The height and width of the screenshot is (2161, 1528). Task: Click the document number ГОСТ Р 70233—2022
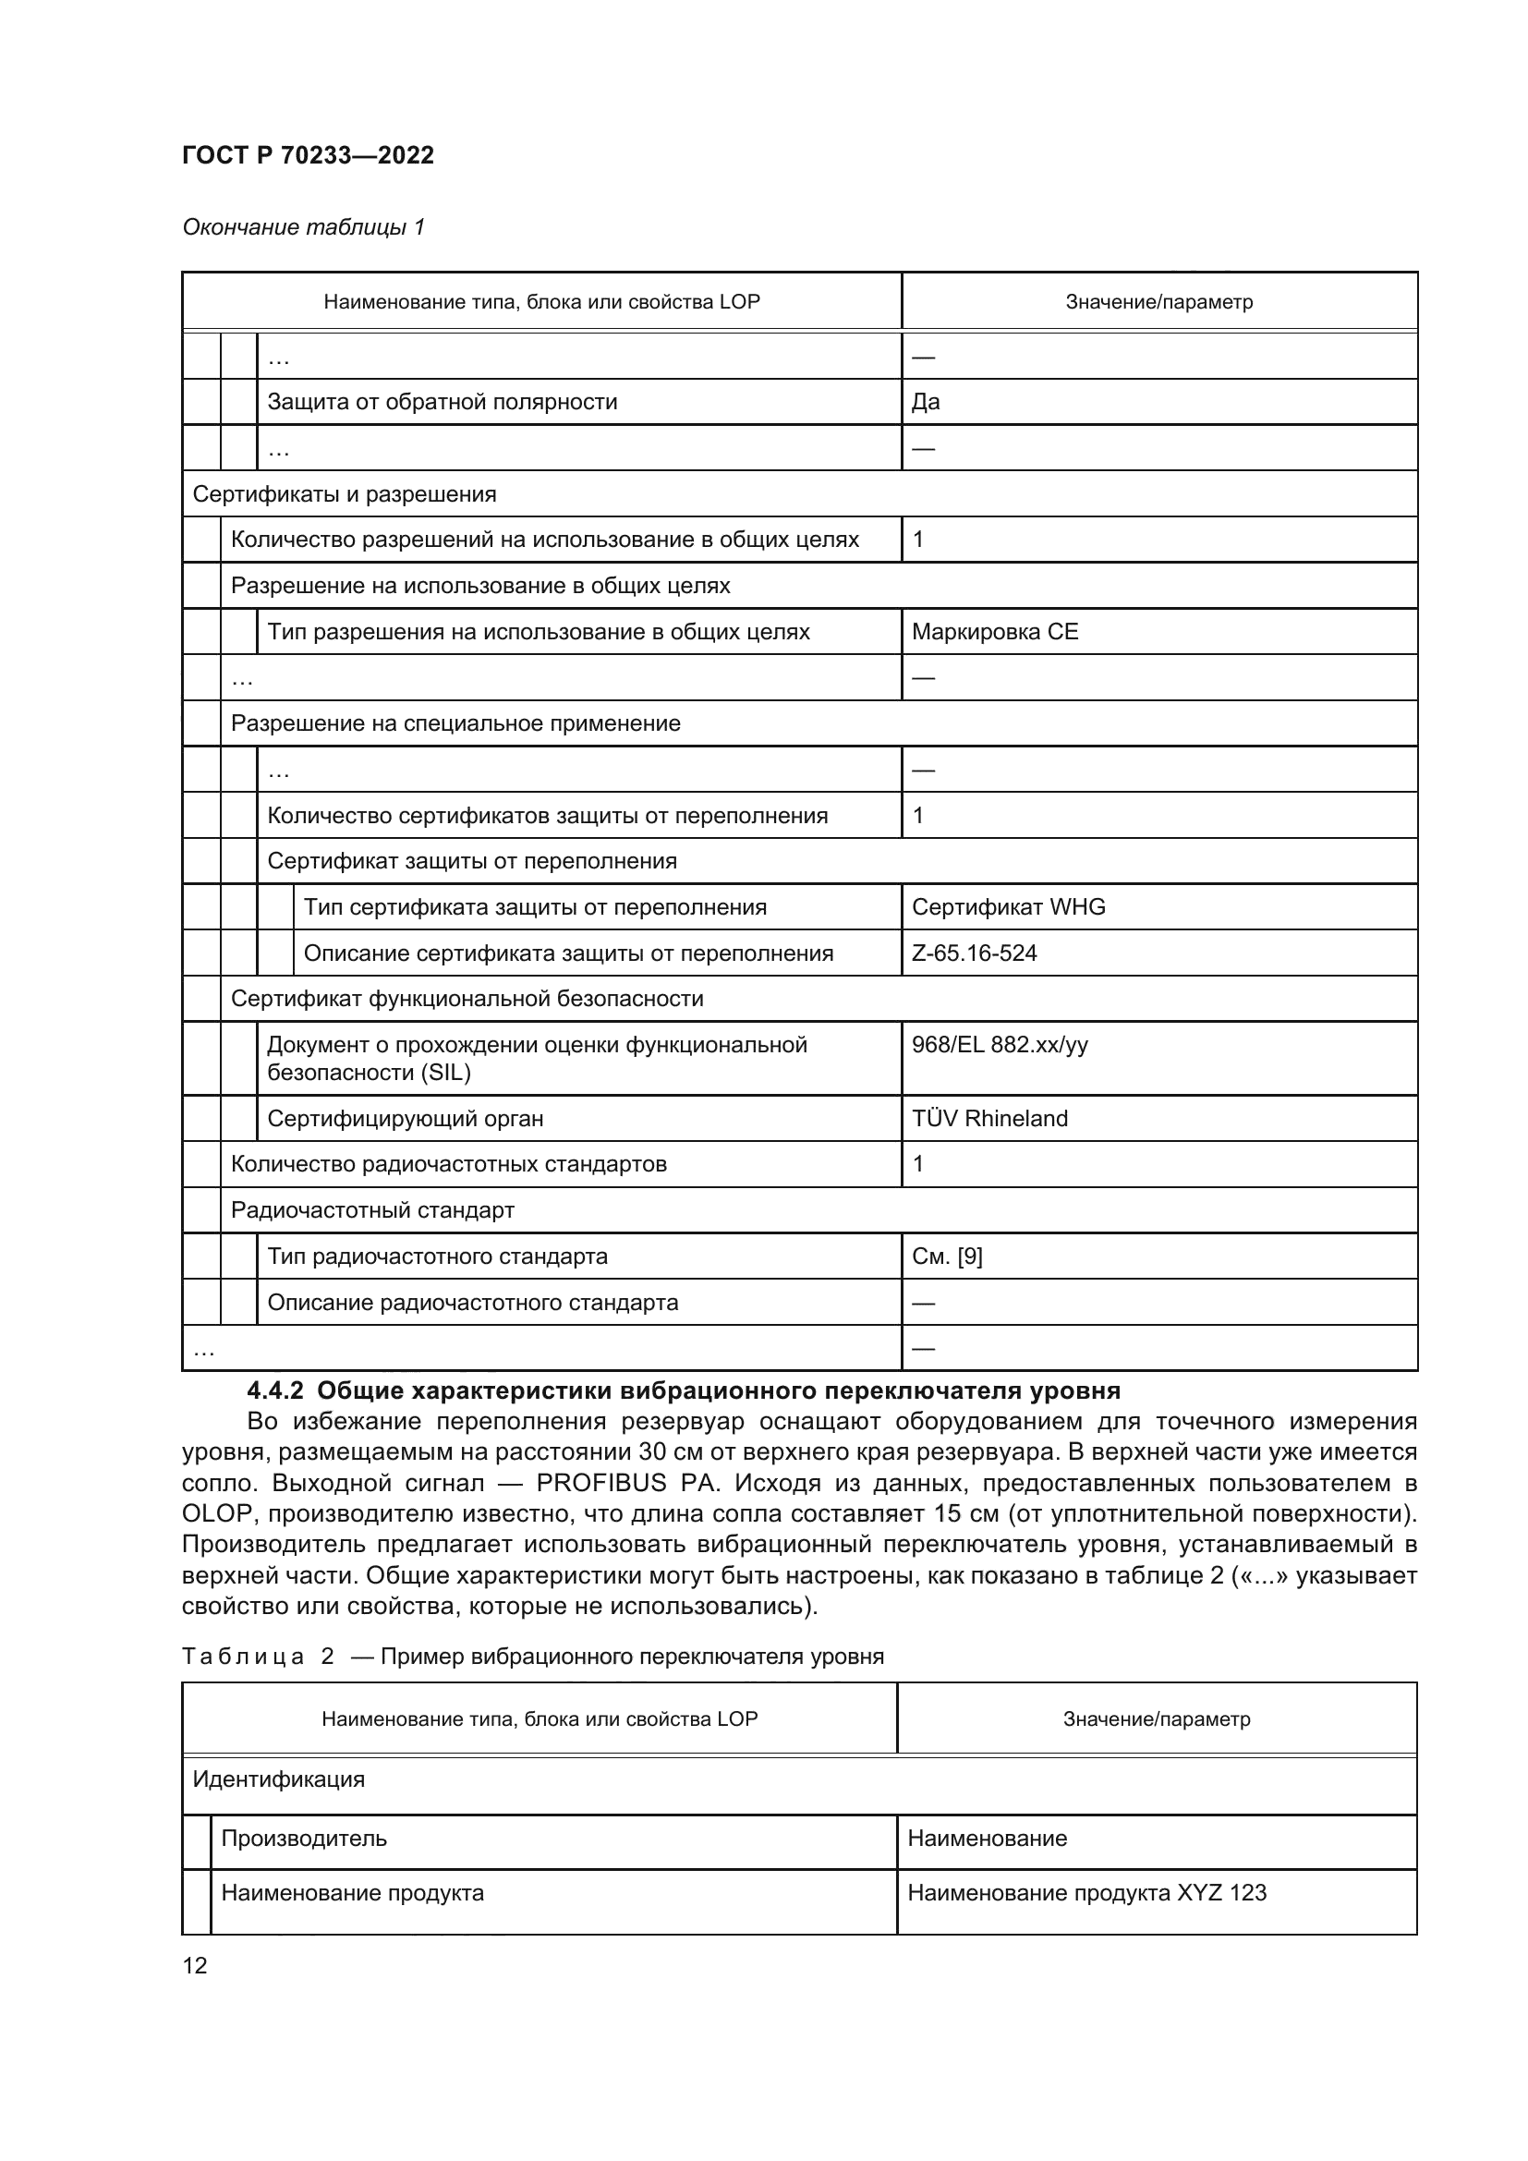[308, 155]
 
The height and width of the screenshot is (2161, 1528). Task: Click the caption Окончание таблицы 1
[303, 227]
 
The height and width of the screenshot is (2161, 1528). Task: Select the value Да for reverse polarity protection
[926, 402]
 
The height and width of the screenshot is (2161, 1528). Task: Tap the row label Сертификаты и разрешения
[345, 494]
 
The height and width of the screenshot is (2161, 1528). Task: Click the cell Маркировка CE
[995, 632]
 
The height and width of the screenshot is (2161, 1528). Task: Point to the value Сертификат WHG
[1008, 907]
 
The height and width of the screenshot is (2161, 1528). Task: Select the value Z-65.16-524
[974, 953]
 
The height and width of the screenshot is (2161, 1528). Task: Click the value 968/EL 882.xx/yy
[1000, 1045]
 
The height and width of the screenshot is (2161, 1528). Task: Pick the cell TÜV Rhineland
[988, 1119]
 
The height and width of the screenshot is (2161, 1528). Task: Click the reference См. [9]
[947, 1257]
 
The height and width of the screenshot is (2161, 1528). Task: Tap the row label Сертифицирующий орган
[406, 1119]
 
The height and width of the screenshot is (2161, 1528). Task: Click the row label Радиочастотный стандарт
[372, 1210]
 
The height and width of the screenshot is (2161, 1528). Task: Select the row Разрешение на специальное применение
[455, 723]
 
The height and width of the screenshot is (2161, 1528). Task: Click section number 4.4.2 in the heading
[274, 1391]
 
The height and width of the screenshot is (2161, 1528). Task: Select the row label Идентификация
[278, 1779]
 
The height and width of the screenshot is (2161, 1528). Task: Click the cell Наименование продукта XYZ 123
[1086, 1893]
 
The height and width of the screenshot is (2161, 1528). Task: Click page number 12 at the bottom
[195, 1965]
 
